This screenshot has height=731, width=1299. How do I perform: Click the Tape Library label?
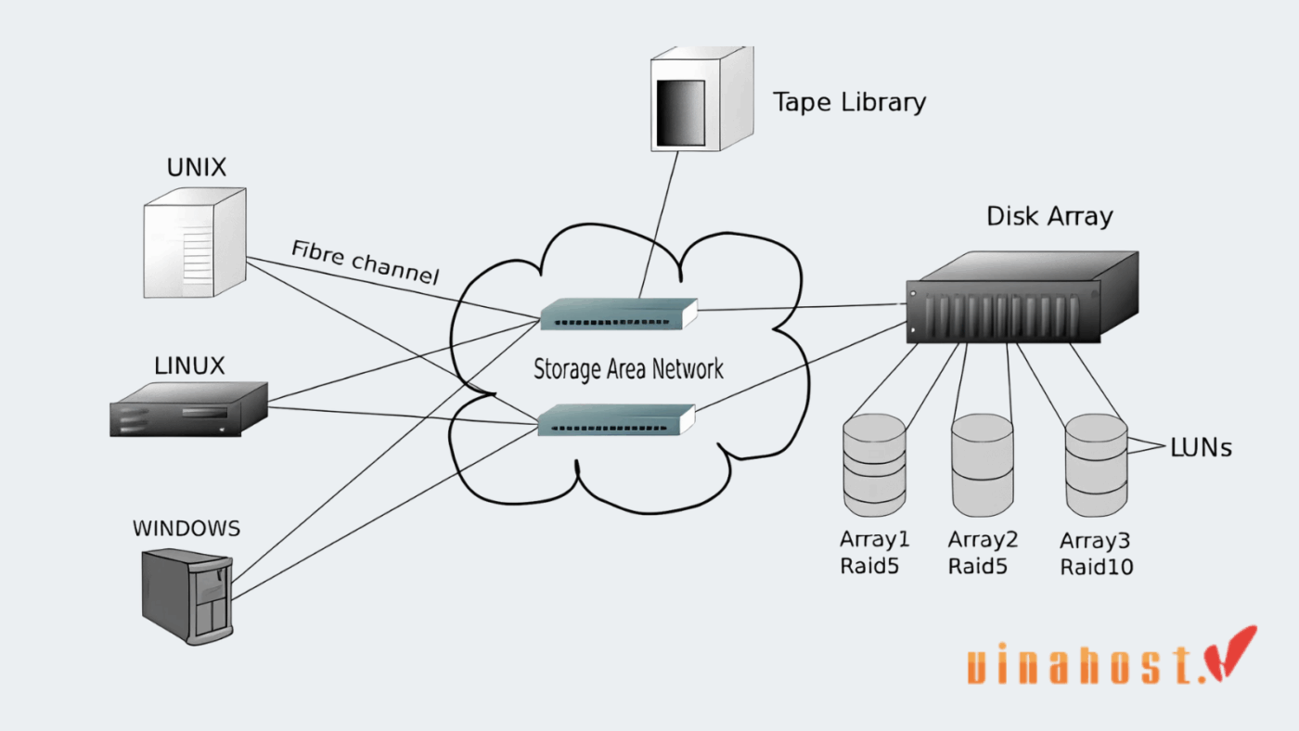pos(849,101)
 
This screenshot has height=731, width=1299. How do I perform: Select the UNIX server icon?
pos(195,242)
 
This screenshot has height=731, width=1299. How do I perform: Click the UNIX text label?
pos(196,168)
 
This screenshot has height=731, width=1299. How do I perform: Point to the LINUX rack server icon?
pos(189,409)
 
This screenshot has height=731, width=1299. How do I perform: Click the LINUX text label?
pos(189,365)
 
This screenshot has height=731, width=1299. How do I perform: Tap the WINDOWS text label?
pos(186,529)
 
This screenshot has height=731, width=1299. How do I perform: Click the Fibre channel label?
pos(365,263)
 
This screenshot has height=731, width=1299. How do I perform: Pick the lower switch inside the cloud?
pos(617,419)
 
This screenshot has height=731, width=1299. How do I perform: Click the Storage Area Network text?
pos(628,368)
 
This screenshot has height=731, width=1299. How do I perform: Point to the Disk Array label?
pos(1048,217)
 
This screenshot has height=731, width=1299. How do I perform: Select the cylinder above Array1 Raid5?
pos(874,465)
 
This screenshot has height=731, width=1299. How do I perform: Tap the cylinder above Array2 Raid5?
pos(983,465)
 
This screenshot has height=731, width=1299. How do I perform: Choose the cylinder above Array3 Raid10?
pos(1096,465)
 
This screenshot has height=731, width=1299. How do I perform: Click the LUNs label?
pos(1201,448)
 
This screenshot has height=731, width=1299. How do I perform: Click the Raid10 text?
pos(1096,567)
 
